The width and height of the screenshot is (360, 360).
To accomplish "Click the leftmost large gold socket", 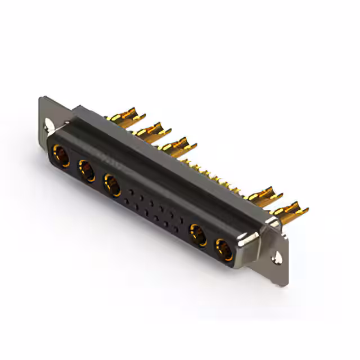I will click(x=61, y=156).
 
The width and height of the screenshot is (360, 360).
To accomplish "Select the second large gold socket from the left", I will click(x=87, y=171).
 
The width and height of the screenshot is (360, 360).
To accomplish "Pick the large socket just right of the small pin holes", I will click(x=198, y=235).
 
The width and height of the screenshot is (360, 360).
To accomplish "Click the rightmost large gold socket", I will click(x=224, y=249).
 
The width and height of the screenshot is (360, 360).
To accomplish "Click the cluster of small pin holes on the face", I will click(x=155, y=208).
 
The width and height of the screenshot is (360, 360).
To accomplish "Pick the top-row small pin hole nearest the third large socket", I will click(x=130, y=192).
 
